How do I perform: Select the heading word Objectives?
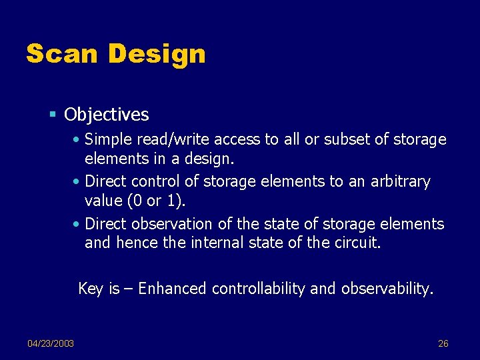[x=107, y=115]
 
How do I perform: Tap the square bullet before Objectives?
[x=55, y=115]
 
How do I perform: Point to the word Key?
[x=90, y=289]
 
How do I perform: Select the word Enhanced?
[x=173, y=289]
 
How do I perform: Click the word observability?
[x=387, y=289]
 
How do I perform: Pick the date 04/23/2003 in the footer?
[x=51, y=343]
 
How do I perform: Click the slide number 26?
[x=443, y=343]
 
